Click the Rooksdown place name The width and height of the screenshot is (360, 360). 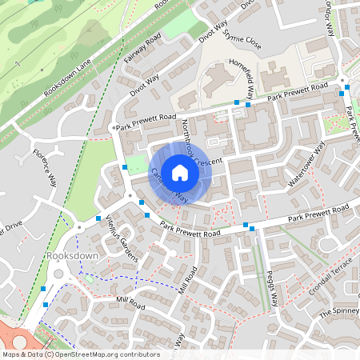pyautogui.click(x=71, y=255)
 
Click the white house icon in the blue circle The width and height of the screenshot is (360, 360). pyautogui.click(x=180, y=172)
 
